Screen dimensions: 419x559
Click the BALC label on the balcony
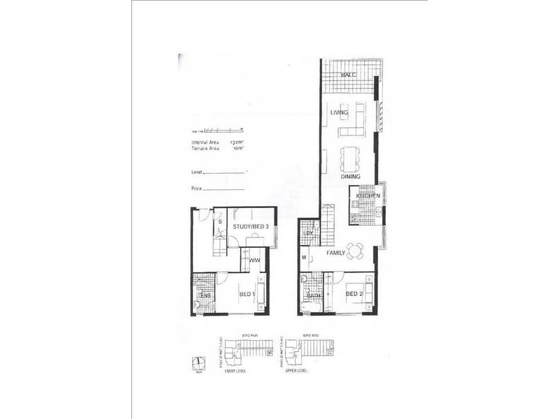[349, 75]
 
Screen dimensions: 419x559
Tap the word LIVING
[340, 112]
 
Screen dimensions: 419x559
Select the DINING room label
[351, 177]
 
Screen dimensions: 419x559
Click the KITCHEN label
[367, 197]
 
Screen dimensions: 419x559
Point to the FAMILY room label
[336, 253]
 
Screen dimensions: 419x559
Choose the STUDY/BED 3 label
[252, 225]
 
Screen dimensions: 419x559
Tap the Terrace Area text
[205, 148]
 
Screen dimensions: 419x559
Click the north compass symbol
[198, 362]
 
